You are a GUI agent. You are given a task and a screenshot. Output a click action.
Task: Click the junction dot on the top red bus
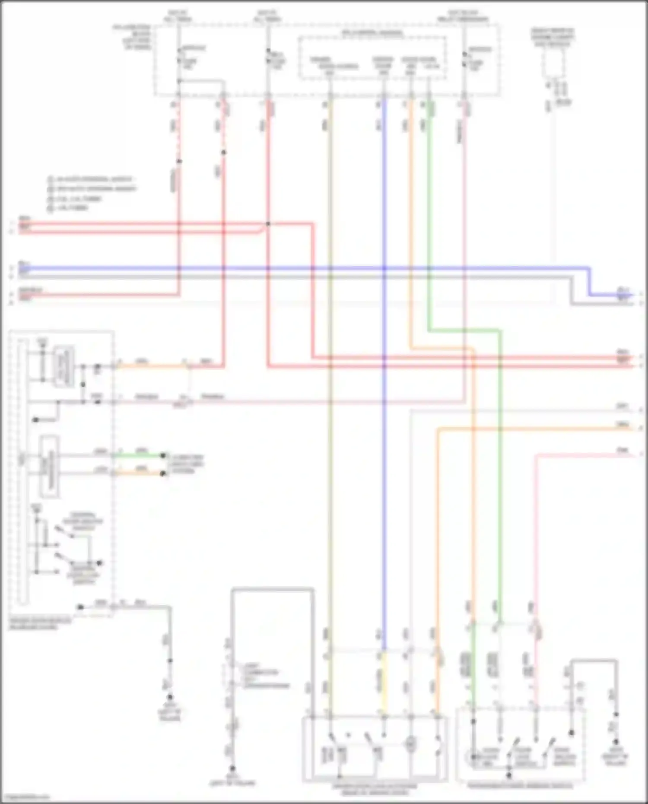[268, 224]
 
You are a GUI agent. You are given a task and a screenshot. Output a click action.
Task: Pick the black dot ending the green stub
[163, 455]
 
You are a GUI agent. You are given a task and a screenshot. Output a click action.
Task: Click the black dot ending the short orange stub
[163, 474]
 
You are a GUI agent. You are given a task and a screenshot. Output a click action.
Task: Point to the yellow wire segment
[383, 683]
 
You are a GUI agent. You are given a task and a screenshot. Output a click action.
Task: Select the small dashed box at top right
[553, 63]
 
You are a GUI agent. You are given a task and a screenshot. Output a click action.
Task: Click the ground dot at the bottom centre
[232, 769]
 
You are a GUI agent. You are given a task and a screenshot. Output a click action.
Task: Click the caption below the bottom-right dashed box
[520, 786]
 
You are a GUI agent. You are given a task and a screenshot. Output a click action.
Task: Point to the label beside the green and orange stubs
[186, 464]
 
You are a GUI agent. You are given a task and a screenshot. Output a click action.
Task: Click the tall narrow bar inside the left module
[22, 471]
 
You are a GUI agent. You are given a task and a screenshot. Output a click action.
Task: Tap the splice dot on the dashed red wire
[179, 162]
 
